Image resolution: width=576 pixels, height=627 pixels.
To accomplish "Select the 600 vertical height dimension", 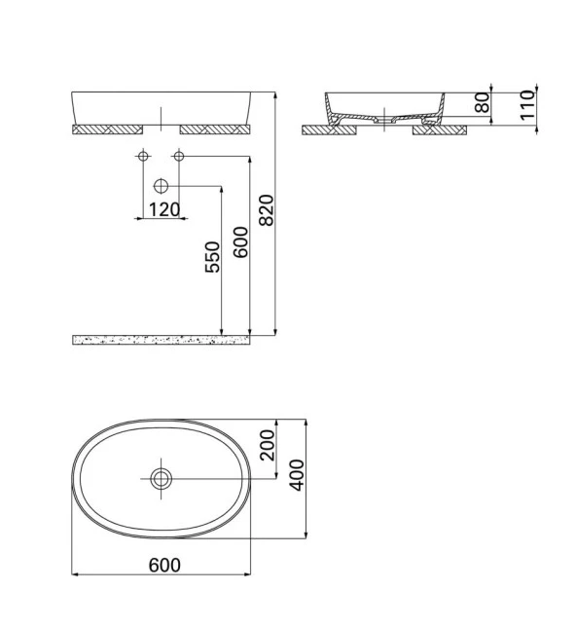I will click(241, 240).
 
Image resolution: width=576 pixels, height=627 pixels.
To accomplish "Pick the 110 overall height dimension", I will click(526, 104).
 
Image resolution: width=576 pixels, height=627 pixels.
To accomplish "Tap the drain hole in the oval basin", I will click(161, 477).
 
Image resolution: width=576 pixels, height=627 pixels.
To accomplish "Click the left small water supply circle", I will click(143, 156).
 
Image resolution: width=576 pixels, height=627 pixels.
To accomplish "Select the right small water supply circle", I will click(178, 156).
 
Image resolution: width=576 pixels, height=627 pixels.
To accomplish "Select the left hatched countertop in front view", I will click(106, 128).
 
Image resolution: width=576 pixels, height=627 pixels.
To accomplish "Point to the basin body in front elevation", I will click(161, 106).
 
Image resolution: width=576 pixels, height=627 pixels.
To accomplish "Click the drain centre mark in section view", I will click(387, 113).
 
